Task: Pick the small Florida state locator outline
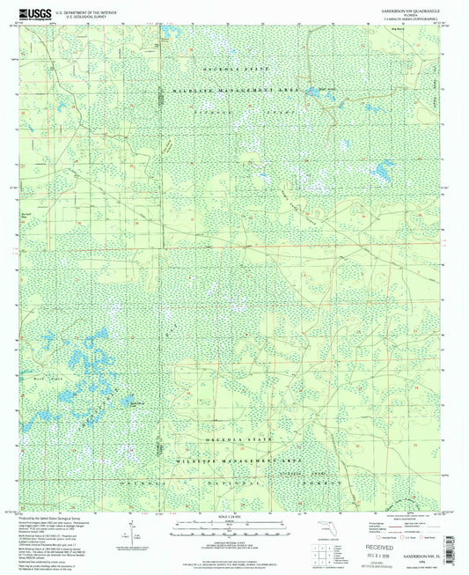pyautogui.click(x=326, y=527)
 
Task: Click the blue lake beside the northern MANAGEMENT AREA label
pyautogui.click(x=311, y=92)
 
